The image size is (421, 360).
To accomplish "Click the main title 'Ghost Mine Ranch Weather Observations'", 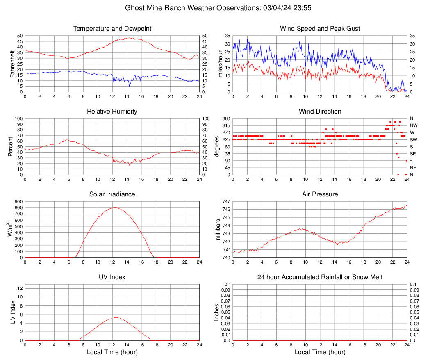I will click(192, 8).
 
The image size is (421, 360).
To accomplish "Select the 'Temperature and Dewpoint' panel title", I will click(112, 29).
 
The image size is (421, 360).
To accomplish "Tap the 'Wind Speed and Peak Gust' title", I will click(320, 29).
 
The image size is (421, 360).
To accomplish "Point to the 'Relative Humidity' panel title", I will click(112, 112).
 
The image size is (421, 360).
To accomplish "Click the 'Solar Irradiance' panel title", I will click(112, 194).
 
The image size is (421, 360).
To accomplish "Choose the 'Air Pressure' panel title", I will click(320, 194).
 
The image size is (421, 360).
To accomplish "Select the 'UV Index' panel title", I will click(112, 277).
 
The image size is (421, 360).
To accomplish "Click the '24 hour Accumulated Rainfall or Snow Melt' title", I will click(320, 277).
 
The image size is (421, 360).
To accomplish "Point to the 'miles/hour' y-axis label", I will click(220, 64).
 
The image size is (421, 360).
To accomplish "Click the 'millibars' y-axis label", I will click(218, 230).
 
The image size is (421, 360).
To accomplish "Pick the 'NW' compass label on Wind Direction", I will click(413, 125).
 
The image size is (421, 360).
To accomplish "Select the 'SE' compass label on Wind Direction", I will click(412, 154).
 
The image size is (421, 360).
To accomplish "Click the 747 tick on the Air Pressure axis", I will click(226, 201).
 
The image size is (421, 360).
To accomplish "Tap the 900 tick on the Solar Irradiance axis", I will click(18, 201).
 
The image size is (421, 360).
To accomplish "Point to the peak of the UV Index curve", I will click(116, 317).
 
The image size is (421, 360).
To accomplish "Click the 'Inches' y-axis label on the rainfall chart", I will click(217, 312).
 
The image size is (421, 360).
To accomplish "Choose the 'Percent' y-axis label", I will click(11, 147).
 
